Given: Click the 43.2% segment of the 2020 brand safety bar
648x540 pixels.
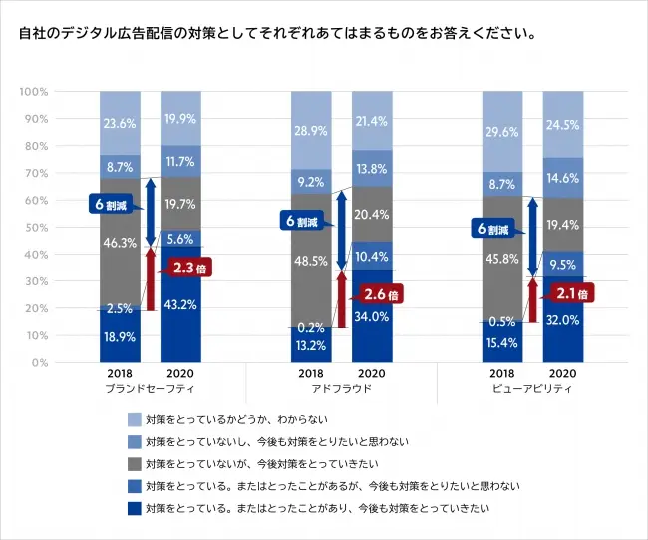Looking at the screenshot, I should click(x=180, y=303).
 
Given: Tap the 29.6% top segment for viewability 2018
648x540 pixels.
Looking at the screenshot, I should click(x=502, y=132).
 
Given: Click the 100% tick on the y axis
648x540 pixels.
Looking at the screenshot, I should click(x=34, y=92).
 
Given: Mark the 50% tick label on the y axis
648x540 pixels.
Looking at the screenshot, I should click(x=36, y=228).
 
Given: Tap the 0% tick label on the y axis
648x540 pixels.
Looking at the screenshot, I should click(x=40, y=363).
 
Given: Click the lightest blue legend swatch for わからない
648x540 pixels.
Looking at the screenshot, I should click(x=134, y=420).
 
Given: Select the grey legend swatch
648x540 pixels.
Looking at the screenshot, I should click(x=134, y=464).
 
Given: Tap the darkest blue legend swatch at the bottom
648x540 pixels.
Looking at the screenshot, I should click(x=134, y=509).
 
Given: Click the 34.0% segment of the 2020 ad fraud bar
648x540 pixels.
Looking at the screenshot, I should click(x=372, y=316).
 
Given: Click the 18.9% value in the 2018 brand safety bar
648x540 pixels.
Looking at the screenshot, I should click(x=119, y=337).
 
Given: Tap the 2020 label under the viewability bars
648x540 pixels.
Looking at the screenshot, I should click(x=563, y=373).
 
